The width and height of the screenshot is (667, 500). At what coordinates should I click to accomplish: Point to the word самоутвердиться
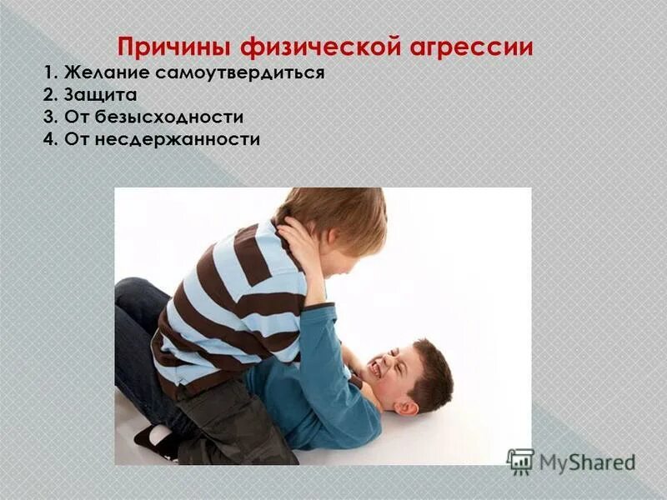[232, 72]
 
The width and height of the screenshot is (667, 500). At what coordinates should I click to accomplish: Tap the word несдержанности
[177, 139]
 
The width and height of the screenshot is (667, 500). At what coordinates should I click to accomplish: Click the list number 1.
[46, 72]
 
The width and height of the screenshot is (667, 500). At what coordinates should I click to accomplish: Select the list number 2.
[48, 95]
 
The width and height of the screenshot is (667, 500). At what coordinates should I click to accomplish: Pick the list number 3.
[48, 117]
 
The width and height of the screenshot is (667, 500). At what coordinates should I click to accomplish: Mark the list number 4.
[48, 139]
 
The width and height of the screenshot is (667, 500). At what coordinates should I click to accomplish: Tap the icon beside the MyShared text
[520, 461]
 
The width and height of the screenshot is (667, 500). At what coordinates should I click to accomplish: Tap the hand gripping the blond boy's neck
[298, 237]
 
